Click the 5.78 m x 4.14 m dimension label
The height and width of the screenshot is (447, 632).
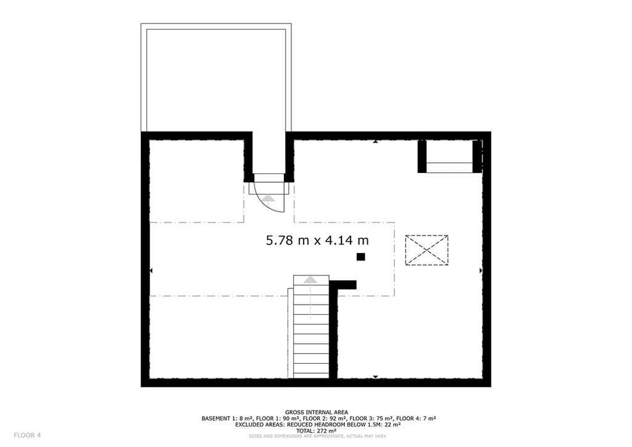tap(317, 241)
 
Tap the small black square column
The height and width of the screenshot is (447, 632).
tap(360, 257)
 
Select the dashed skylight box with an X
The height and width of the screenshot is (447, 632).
tap(427, 250)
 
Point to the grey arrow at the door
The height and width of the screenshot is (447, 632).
tap(268, 198)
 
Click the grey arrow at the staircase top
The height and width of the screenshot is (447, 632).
tap(310, 280)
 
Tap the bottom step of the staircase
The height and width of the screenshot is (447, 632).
tap(311, 375)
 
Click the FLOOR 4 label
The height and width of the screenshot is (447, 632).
tap(27, 435)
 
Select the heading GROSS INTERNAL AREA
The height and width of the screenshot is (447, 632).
tap(317, 412)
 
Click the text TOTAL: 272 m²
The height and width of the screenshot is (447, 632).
tap(317, 430)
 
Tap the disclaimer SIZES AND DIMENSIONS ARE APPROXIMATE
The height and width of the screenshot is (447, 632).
tap(296, 436)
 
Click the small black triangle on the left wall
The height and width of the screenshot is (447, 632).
tap(151, 270)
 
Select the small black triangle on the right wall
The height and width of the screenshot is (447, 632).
tap(481, 270)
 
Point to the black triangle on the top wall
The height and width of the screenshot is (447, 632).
tap(375, 141)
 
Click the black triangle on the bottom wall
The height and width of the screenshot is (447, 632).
tap(375, 377)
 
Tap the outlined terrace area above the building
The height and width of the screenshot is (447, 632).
tap(216, 78)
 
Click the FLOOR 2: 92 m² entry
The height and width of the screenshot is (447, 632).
tap(326, 419)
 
